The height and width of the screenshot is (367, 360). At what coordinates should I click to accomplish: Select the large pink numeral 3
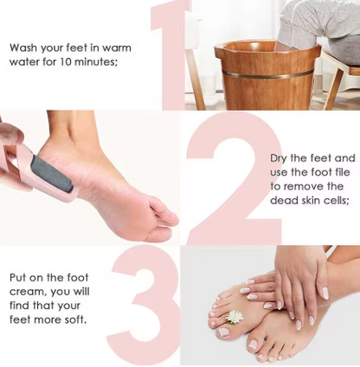click(145, 303)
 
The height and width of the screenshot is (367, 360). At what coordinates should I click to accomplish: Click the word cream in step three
click(27, 292)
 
